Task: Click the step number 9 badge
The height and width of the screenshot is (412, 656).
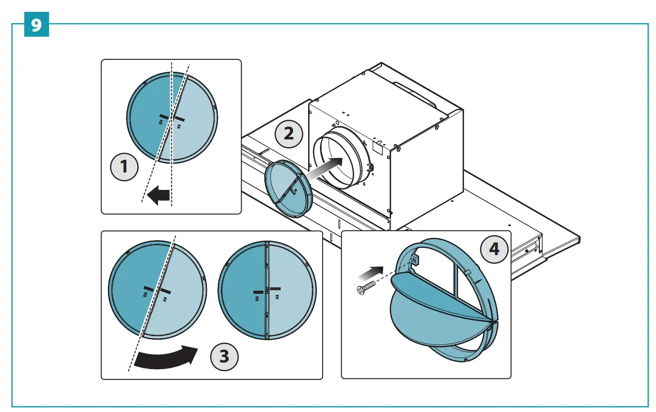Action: tap(37, 25)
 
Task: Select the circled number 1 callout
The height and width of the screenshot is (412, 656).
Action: tap(124, 167)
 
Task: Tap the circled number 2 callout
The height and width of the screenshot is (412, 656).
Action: tap(289, 134)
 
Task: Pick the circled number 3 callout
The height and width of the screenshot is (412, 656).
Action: tap(224, 356)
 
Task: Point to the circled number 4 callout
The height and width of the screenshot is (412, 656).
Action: tap(494, 249)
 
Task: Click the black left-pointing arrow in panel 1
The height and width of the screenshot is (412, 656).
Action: tap(158, 196)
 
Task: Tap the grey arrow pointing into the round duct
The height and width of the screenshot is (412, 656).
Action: tap(325, 168)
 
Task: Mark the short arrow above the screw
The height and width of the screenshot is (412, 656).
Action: tap(373, 272)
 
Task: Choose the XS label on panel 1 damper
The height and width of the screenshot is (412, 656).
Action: tap(179, 126)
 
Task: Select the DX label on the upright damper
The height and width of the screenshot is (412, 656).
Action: tap(256, 298)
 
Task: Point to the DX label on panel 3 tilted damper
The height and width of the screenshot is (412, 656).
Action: tap(146, 294)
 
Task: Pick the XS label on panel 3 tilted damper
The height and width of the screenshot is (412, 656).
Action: tap(165, 299)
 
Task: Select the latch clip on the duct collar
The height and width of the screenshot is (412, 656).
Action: tap(370, 168)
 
